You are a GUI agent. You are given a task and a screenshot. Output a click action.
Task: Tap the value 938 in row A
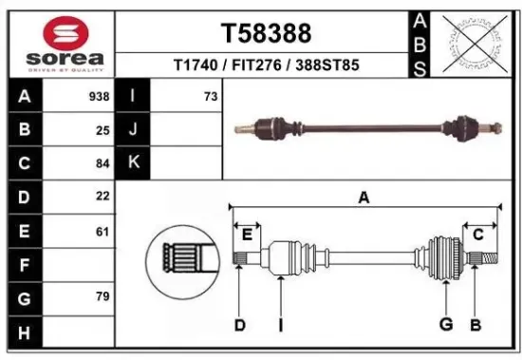(x=99, y=97)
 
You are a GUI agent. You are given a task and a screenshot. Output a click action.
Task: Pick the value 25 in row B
(x=103, y=130)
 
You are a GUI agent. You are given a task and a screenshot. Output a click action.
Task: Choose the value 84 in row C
(x=103, y=162)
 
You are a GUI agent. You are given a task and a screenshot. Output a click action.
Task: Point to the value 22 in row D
(x=103, y=196)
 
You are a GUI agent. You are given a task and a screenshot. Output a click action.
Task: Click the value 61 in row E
(x=103, y=230)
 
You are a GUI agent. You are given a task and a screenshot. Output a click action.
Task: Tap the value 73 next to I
(x=210, y=97)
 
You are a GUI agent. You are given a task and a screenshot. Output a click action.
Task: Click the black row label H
(x=24, y=332)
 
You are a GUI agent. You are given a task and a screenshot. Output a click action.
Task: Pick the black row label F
(x=24, y=264)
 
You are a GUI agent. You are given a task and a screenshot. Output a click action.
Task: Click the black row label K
(x=133, y=162)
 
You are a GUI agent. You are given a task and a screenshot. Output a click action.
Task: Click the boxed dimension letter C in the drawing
(x=478, y=234)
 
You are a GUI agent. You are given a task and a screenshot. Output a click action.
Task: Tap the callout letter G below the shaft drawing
(x=445, y=325)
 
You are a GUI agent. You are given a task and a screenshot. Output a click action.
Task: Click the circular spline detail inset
(x=177, y=257)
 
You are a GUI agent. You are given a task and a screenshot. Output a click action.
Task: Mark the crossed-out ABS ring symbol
(x=473, y=43)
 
